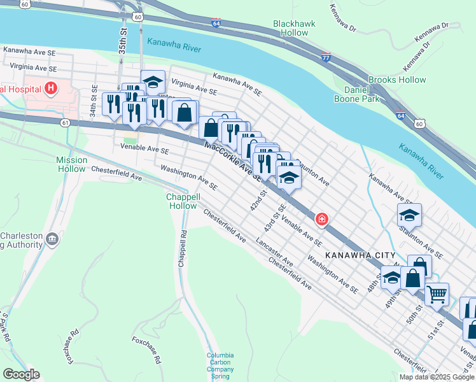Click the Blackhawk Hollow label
[x=290, y=27]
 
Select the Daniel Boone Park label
[x=357, y=94]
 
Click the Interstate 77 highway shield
[x=326, y=57]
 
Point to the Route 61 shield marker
[x=66, y=123]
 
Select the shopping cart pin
[x=436, y=294]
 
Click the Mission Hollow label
[x=71, y=164]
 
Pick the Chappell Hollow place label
[x=183, y=201]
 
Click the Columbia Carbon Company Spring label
[x=220, y=365]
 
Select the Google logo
[x=21, y=374]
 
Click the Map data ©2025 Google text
[x=437, y=377]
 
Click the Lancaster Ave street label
[x=274, y=253]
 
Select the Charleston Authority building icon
[x=52, y=239]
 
